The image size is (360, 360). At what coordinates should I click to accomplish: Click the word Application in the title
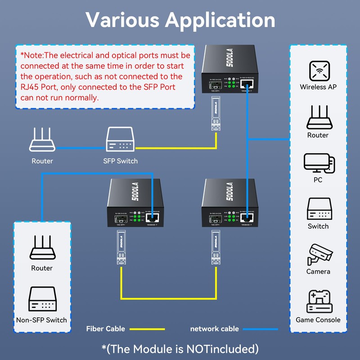click(x=220, y=20)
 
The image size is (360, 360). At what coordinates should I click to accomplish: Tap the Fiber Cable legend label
click(x=105, y=329)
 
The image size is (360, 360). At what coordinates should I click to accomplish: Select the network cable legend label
click(x=214, y=329)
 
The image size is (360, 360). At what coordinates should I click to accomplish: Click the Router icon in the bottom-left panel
click(x=42, y=248)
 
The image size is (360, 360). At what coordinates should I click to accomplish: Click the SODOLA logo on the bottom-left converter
click(x=135, y=191)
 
